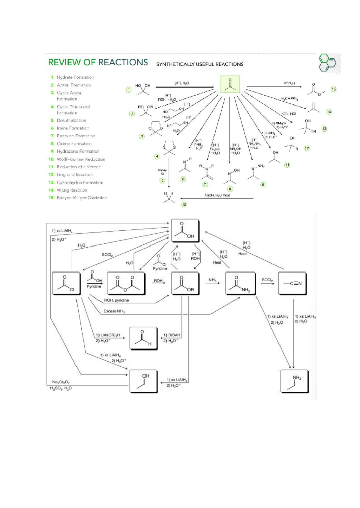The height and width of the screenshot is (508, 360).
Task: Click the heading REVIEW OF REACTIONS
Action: point(98,62)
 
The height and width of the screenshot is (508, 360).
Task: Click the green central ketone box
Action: point(230,84)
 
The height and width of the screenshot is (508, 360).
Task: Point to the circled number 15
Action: point(333,89)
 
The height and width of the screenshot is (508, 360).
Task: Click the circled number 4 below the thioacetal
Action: point(157,156)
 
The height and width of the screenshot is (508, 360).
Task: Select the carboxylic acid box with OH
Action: point(185,230)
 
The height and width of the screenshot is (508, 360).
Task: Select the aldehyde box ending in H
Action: point(143,338)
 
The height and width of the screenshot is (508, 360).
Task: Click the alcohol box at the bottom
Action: point(143,381)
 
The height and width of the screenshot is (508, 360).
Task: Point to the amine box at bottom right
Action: point(294,381)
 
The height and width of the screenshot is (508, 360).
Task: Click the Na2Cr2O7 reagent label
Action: point(61,382)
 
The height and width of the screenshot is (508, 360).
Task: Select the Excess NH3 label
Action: point(114,311)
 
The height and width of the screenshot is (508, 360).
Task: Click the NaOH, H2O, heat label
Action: point(217,195)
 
